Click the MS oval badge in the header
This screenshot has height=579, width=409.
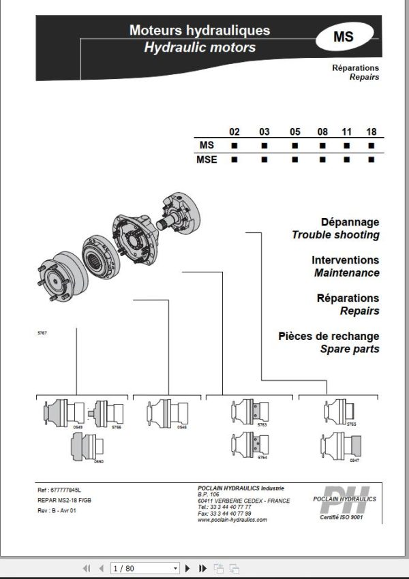click(x=344, y=37)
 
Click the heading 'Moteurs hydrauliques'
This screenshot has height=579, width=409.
click(x=199, y=31)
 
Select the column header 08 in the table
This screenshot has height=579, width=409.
click(x=322, y=131)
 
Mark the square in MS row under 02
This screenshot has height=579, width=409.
click(x=234, y=146)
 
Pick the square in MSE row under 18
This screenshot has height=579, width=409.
click(x=372, y=159)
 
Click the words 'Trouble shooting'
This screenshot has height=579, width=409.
click(x=335, y=235)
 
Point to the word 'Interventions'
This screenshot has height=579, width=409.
click(x=345, y=260)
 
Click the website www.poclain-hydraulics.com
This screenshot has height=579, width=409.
click(x=232, y=520)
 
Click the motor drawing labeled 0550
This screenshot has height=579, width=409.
click(x=85, y=446)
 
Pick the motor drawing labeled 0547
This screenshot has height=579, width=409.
click(x=339, y=446)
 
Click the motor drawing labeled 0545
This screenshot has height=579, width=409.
click(x=166, y=413)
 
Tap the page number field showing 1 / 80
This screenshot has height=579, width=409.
click(x=145, y=567)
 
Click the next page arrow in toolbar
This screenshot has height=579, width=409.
click(x=187, y=567)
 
